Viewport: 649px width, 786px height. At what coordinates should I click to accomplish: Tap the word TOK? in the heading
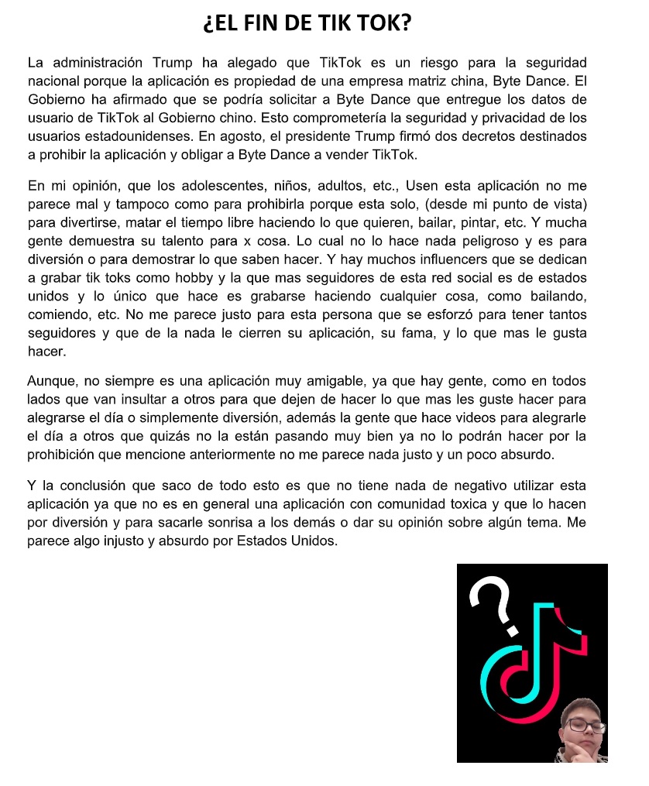click(x=385, y=24)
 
